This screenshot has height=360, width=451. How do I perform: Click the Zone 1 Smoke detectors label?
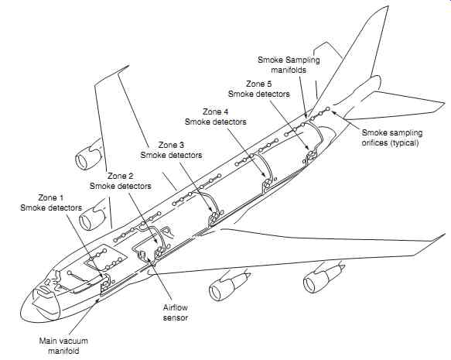(51, 203)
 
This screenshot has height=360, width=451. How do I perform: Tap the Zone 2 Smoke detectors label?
(121, 181)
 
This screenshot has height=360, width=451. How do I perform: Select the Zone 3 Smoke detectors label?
(171, 150)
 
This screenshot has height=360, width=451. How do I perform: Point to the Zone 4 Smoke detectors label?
(216, 117)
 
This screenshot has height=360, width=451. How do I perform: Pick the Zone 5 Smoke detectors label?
(259, 89)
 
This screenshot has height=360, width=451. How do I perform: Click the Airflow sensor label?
(176, 313)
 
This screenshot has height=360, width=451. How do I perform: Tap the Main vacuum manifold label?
(63, 346)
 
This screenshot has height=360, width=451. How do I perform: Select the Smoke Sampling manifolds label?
(289, 65)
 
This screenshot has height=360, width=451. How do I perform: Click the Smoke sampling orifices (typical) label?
(392, 138)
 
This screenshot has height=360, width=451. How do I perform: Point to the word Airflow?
(176, 307)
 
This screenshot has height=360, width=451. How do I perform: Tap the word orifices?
(374, 142)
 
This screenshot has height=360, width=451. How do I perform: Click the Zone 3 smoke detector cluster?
(214, 217)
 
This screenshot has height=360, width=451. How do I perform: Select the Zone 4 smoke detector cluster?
(267, 183)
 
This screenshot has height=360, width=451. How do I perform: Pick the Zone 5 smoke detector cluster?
(311, 155)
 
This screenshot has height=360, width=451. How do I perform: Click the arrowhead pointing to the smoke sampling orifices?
(336, 113)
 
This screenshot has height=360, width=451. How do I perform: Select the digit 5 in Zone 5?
(269, 84)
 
